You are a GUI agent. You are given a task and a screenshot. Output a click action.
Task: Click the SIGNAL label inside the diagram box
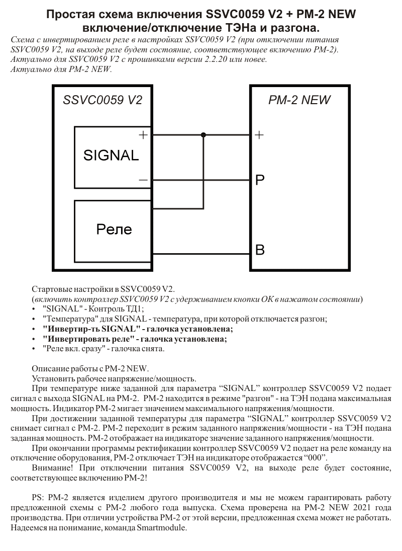pyautogui.click(x=111, y=155)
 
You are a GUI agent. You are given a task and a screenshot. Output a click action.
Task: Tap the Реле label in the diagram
pyautogui.click(x=114, y=229)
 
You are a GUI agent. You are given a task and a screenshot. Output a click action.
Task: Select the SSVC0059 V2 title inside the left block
pyautogui.click(x=103, y=100)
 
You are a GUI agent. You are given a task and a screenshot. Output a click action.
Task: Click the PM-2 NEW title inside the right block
pyautogui.click(x=299, y=100)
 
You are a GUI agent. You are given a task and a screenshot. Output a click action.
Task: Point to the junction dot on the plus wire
pyautogui.click(x=204, y=135)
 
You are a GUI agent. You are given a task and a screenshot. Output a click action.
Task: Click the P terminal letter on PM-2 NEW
pyautogui.click(x=260, y=180)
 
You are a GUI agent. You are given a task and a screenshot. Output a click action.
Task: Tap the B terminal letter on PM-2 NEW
pyautogui.click(x=260, y=250)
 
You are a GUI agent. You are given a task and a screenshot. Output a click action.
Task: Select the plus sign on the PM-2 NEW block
pyautogui.click(x=259, y=135)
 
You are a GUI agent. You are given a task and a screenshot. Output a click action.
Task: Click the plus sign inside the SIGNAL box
pyautogui.click(x=143, y=135)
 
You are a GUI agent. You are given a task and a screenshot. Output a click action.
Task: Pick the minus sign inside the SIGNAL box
pyautogui.click(x=143, y=179)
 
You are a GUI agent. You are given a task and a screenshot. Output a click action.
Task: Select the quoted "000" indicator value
pyautogui.click(x=317, y=457)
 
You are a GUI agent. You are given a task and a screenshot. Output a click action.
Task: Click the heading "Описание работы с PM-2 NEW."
pyautogui.click(x=90, y=368)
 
